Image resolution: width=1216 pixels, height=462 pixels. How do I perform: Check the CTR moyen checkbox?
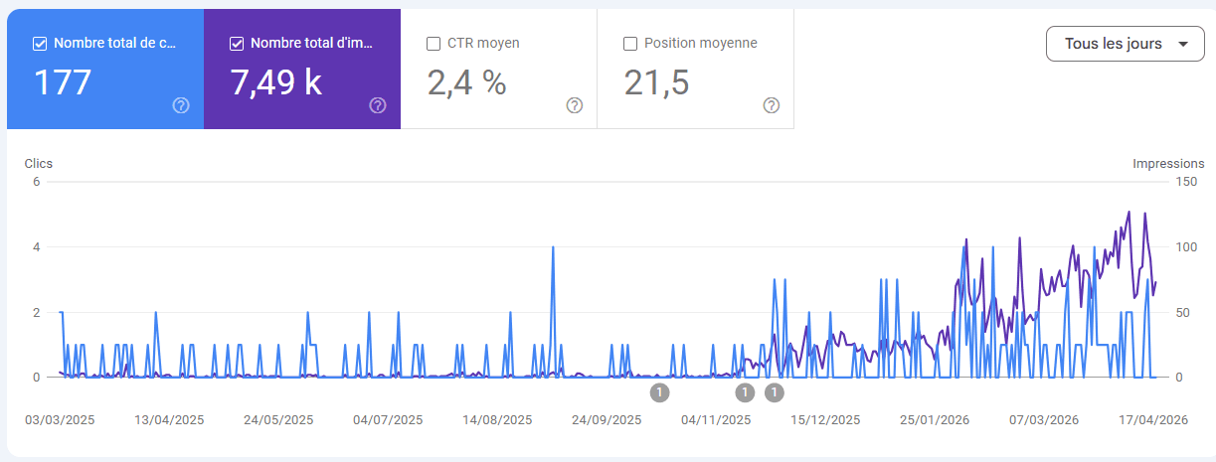click(x=434, y=44)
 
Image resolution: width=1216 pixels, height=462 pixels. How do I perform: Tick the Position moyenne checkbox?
click(x=630, y=44)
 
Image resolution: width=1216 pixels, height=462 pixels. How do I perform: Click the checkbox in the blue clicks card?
click(x=40, y=44)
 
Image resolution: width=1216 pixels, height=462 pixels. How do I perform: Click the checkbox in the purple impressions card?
click(x=237, y=44)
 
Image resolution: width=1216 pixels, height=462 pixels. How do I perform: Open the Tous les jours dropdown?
click(x=1125, y=44)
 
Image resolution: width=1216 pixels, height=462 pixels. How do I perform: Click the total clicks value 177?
click(x=63, y=82)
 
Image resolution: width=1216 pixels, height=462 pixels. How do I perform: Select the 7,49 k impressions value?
click(x=275, y=82)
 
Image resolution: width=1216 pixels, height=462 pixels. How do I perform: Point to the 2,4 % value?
click(x=466, y=82)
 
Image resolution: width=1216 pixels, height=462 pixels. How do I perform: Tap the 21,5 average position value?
click(x=656, y=82)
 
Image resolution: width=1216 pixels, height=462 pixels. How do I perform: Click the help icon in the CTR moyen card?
click(x=574, y=105)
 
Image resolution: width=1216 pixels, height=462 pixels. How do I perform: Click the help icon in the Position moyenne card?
click(x=771, y=105)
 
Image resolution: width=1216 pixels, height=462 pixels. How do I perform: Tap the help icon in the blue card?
click(x=181, y=105)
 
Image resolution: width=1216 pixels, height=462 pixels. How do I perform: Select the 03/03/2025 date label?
click(x=60, y=420)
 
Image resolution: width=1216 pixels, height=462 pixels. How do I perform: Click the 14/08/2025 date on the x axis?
click(x=497, y=420)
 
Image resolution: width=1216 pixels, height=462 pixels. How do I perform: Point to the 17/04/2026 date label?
click(x=1153, y=420)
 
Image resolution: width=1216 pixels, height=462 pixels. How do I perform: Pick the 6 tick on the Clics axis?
click(x=36, y=182)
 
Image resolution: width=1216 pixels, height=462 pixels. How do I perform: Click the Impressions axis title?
click(x=1168, y=164)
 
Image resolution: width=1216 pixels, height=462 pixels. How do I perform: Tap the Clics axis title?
click(x=39, y=164)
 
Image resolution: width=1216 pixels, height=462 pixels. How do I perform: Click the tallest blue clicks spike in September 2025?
click(x=553, y=247)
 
